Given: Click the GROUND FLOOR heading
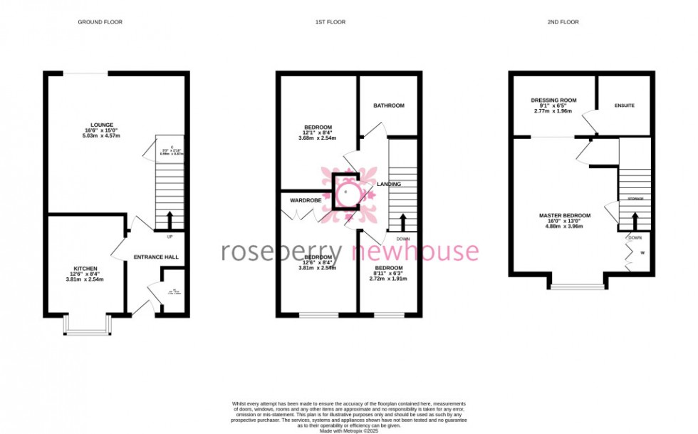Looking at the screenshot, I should click(100, 22).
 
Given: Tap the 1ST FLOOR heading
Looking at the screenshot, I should click(330, 22).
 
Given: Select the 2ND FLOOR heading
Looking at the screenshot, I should click(563, 22).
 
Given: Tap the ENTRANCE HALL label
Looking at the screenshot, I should click(156, 257).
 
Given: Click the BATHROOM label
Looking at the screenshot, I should click(389, 105).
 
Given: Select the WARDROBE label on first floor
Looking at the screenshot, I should click(304, 201).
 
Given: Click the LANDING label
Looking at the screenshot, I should click(390, 184).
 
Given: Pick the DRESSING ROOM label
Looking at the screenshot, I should click(553, 100).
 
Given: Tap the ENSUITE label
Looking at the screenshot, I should click(625, 105).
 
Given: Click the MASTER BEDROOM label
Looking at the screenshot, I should click(565, 216).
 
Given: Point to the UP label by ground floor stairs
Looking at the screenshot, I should click(170, 237).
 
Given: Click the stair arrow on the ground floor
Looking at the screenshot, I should click(170, 219).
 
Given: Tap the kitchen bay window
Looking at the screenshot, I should click(85, 325).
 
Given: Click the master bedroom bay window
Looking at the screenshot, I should click(576, 283).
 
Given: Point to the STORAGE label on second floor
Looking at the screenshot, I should click(635, 198).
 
